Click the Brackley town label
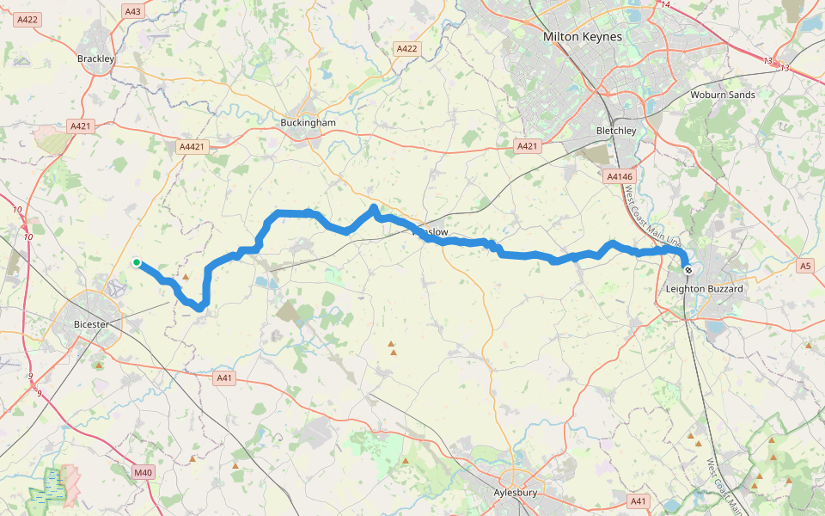96,58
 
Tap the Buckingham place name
308,123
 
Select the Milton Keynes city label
584,37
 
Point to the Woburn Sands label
723,95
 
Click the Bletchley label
616,131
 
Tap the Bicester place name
92,324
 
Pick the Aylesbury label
516,493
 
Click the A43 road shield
133,11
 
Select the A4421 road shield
192,147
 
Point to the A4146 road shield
619,176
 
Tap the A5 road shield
804,266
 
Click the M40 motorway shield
143,472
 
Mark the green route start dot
137,262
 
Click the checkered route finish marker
688,270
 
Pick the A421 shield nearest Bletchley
527,147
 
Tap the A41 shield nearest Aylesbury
638,501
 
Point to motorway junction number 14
665,4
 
